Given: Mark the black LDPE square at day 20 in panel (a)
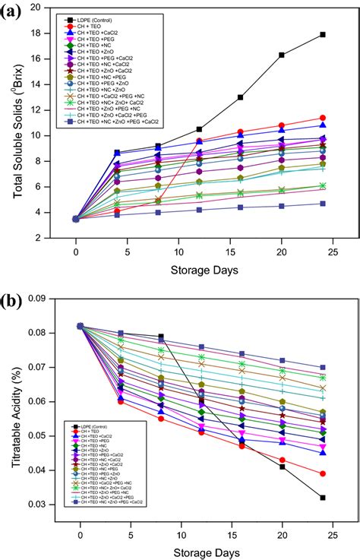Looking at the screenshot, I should click(282, 55).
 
